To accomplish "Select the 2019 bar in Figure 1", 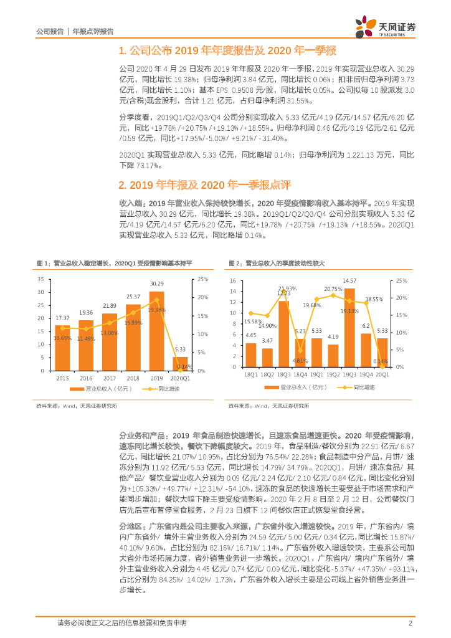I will [x=156, y=331].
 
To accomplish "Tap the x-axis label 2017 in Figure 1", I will [x=109, y=378].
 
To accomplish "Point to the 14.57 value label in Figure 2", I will [x=349, y=281].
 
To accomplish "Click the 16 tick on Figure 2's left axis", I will [x=233, y=281].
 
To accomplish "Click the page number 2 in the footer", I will [x=410, y=623].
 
